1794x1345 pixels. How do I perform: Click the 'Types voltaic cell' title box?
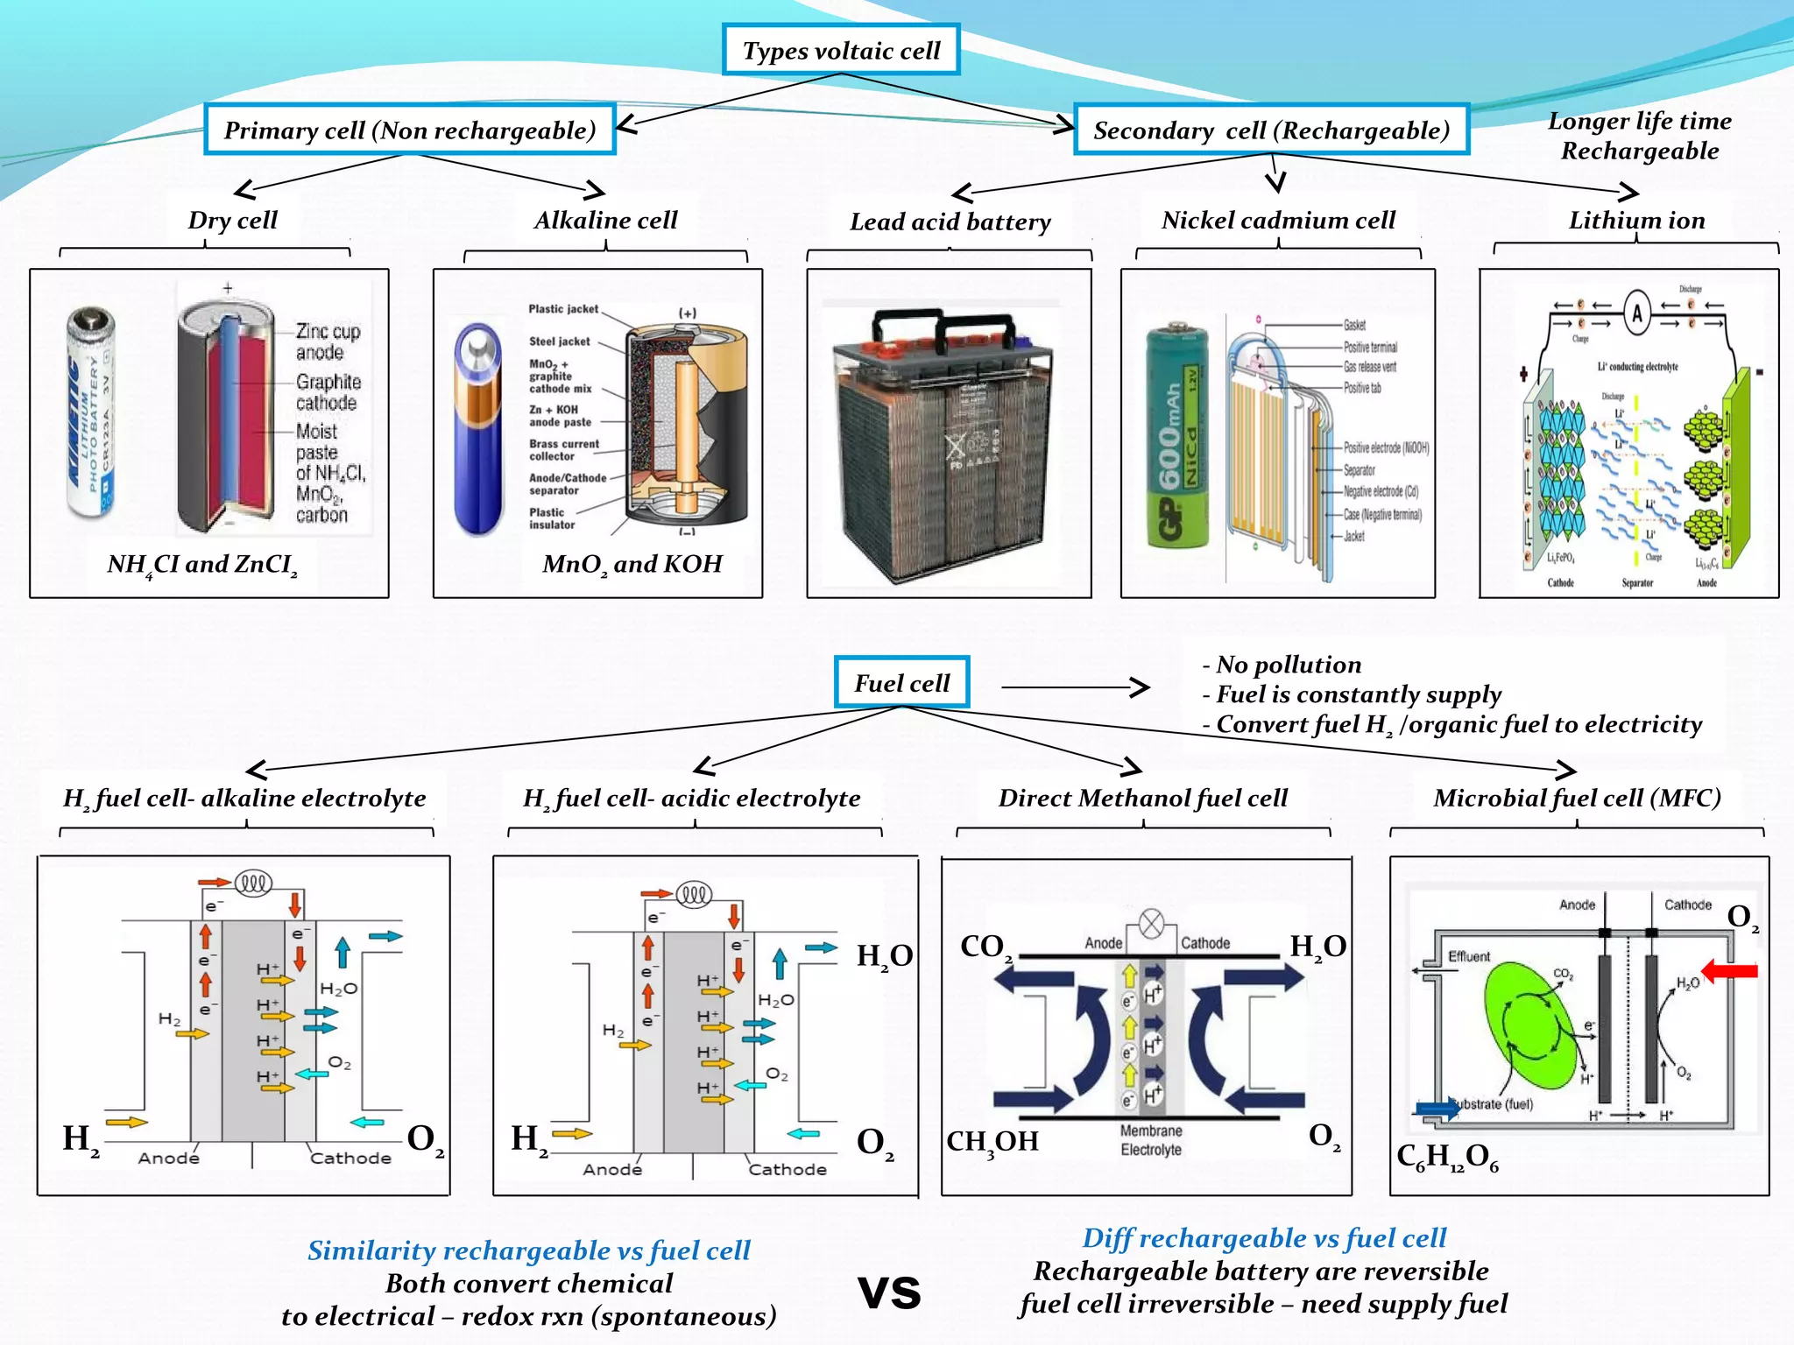pos(841,50)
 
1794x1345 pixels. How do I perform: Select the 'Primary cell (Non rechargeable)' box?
pos(410,130)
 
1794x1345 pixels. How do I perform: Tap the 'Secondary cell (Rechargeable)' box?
pos(1271,130)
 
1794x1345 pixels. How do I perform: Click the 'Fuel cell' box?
pos(901,682)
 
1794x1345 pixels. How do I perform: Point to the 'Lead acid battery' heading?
pos(950,222)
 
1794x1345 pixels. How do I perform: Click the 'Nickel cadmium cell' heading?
pos(1278,220)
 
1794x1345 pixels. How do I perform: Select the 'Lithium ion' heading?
pos(1636,220)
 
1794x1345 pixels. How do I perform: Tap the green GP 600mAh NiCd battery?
pos(1177,438)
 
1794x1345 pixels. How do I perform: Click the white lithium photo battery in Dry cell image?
pos(91,412)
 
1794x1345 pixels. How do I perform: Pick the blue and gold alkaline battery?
pos(478,429)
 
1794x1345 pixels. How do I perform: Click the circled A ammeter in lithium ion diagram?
pos(1636,313)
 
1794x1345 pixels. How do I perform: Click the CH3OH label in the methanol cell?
pos(992,1141)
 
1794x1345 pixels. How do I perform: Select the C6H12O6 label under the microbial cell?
pos(1447,1157)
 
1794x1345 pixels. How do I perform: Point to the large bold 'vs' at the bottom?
pos(889,1292)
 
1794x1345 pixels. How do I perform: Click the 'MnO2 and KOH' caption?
pos(632,564)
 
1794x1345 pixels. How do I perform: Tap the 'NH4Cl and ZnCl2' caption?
pos(202,564)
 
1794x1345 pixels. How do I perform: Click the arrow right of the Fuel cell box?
pos(1076,687)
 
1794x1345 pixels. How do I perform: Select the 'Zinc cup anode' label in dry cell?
pos(328,342)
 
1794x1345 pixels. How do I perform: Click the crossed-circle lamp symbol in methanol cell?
pos(1151,924)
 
